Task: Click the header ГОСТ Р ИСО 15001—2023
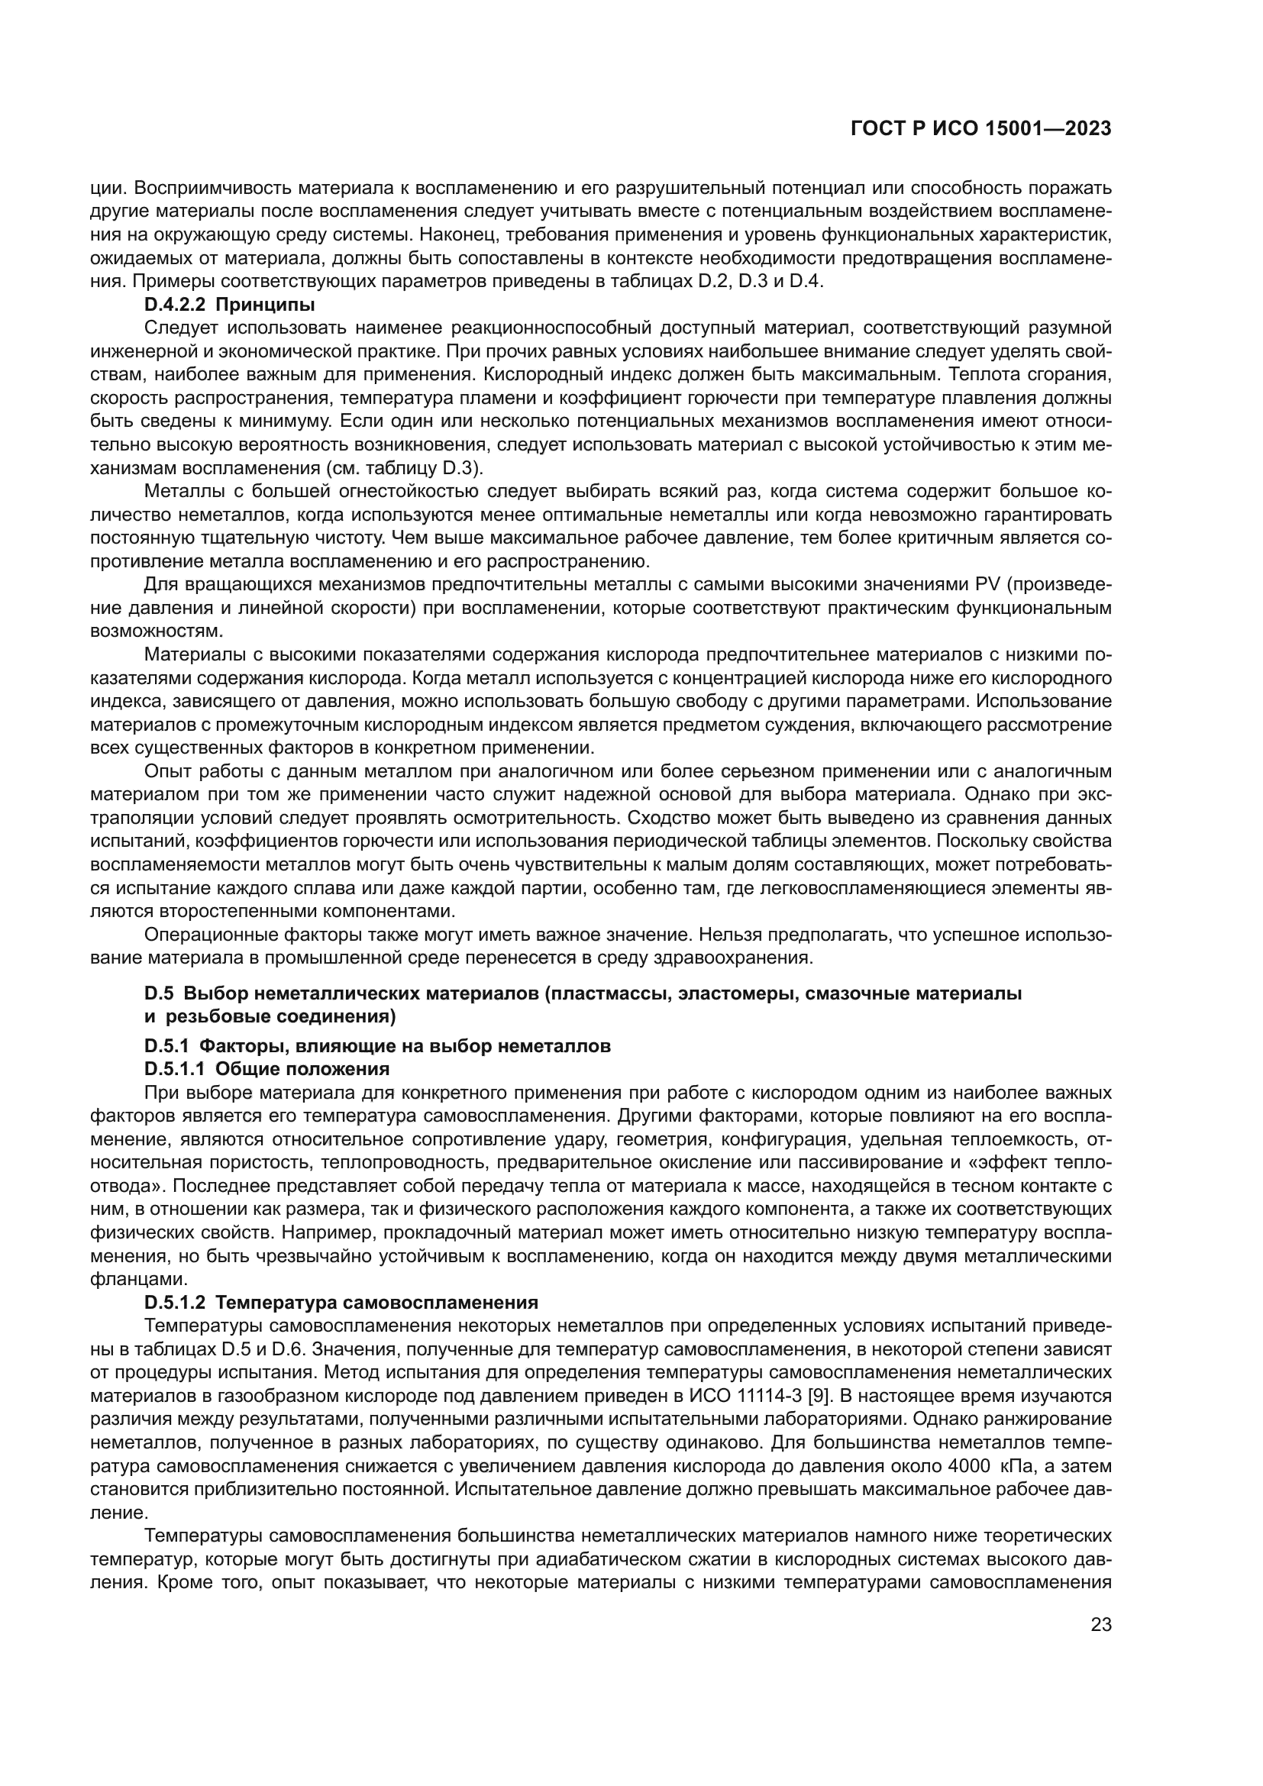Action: click(980, 129)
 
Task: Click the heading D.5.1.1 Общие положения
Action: click(266, 1069)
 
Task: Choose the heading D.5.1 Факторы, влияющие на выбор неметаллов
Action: click(377, 1046)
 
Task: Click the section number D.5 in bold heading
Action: click(157, 993)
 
